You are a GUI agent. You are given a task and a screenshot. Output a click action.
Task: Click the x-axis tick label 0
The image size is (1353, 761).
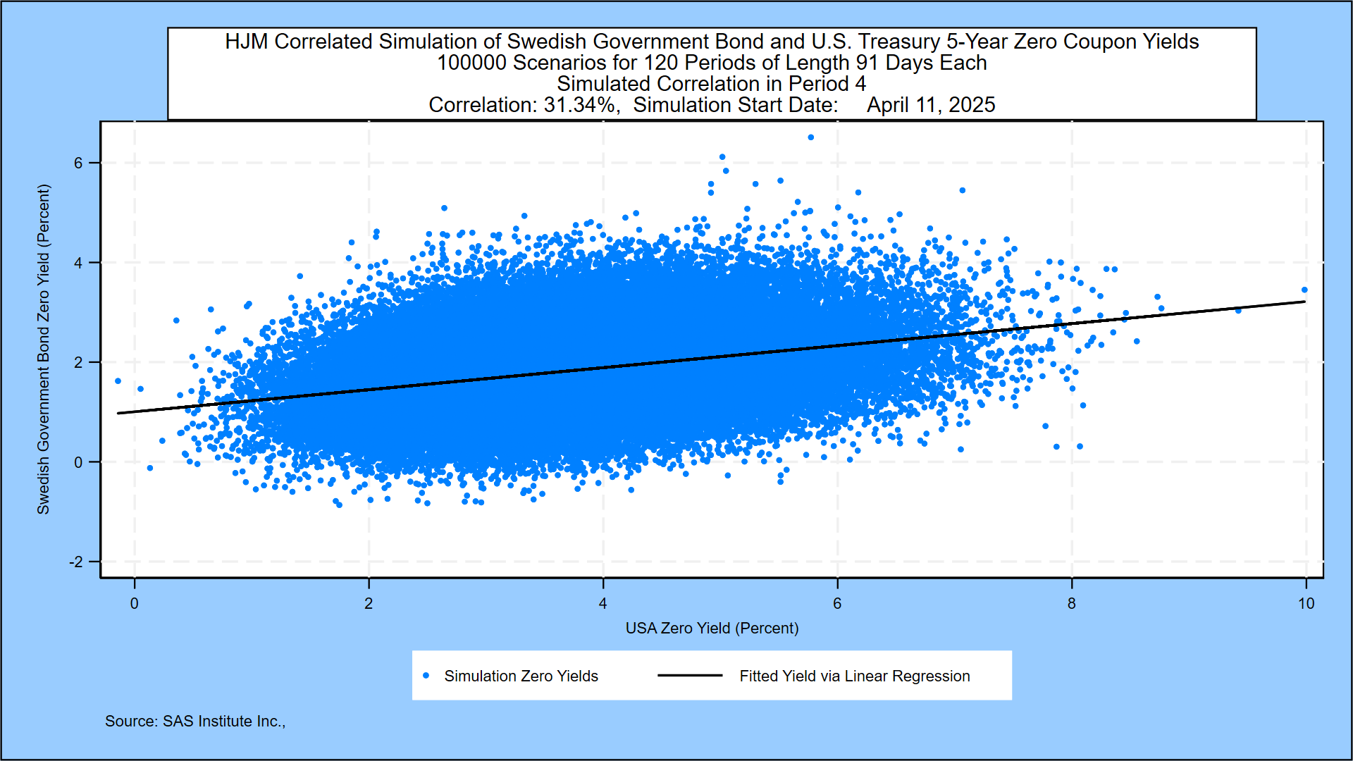(135, 604)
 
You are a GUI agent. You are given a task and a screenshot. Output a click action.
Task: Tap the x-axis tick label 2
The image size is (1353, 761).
(369, 604)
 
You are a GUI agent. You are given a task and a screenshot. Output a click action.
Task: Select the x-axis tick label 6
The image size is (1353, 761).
(837, 604)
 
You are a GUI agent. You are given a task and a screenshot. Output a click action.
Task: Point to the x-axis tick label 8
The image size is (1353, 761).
(1072, 604)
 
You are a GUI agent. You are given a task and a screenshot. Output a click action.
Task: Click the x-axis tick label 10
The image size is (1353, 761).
(1306, 604)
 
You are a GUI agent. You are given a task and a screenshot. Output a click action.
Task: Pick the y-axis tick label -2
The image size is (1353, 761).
(75, 562)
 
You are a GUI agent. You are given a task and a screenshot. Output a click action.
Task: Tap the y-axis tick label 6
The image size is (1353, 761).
(78, 163)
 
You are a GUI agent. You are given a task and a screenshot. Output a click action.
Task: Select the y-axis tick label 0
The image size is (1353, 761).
(78, 462)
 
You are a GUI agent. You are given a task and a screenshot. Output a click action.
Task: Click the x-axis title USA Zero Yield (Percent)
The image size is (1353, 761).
(712, 628)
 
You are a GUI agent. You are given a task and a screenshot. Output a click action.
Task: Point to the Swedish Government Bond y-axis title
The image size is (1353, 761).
(44, 349)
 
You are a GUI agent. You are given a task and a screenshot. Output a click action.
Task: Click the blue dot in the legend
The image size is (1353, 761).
(426, 676)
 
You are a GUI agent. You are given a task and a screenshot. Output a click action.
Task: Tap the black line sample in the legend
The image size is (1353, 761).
(690, 676)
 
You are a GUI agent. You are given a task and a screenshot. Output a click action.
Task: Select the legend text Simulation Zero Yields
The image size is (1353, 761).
(521, 676)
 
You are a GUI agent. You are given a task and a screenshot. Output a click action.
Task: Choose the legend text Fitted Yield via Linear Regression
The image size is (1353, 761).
(854, 676)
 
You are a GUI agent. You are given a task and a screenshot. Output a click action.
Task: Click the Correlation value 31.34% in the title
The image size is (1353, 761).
(581, 105)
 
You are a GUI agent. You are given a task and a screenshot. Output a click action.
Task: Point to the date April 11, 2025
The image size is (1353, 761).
(931, 105)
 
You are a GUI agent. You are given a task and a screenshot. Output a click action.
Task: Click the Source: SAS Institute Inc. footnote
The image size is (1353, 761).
(195, 722)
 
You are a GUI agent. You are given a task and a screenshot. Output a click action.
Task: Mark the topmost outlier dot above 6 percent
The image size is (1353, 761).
(810, 137)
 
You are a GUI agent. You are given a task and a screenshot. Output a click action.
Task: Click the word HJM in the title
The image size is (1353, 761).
(246, 42)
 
